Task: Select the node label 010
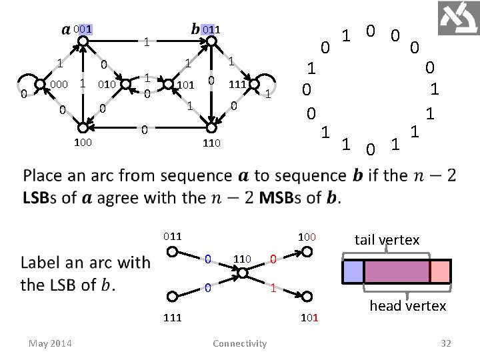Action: click(x=107, y=85)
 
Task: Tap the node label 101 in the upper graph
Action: click(x=185, y=85)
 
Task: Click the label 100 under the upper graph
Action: click(x=83, y=142)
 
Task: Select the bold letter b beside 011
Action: click(x=195, y=29)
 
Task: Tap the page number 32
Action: click(x=446, y=343)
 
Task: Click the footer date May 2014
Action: click(x=51, y=343)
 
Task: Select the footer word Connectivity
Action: click(x=239, y=343)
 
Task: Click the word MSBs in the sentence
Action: click(x=283, y=198)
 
